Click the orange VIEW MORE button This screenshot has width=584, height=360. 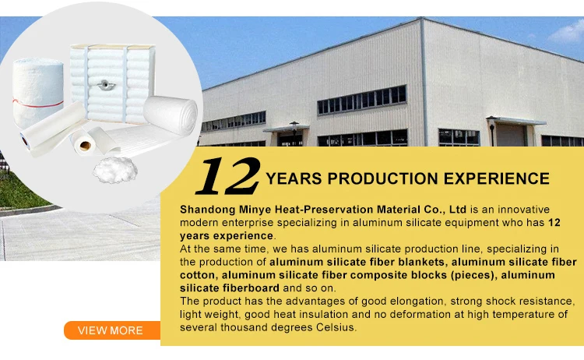click(x=109, y=330)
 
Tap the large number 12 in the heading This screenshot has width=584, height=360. click(x=227, y=177)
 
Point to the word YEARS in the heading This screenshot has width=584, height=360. click(x=295, y=179)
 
